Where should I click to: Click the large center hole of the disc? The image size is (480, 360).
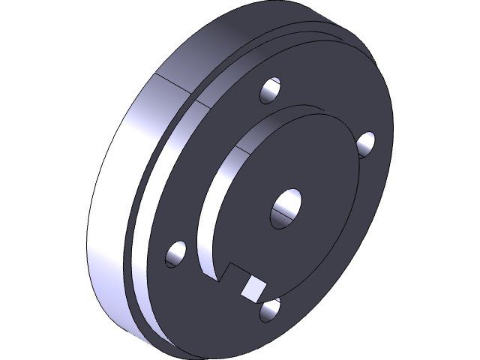click(x=286, y=206)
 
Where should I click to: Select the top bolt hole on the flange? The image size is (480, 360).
click(x=271, y=90)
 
